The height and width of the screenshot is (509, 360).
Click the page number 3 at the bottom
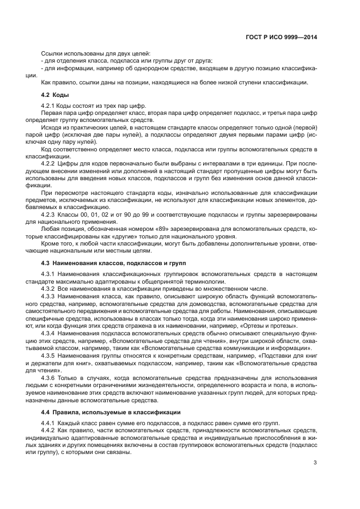(315, 463)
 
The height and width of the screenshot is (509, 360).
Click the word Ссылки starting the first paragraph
(52, 53)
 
